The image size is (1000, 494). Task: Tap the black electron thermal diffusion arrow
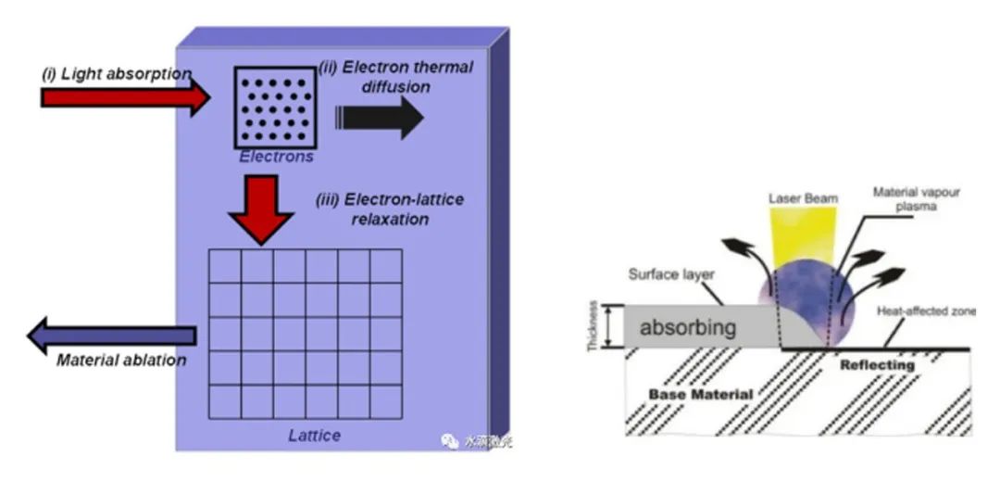click(379, 117)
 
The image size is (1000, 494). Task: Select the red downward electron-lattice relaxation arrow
click(261, 209)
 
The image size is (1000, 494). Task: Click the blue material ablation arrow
click(111, 335)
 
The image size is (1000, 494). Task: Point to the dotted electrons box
click(276, 108)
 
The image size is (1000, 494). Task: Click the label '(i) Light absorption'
click(116, 73)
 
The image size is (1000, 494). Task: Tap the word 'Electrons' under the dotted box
click(276, 157)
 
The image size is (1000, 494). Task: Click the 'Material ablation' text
click(121, 360)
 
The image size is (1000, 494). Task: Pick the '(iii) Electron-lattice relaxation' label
click(390, 209)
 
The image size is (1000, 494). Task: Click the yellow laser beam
click(803, 234)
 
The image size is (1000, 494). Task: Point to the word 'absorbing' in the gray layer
click(688, 328)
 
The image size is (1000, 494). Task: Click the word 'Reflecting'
click(876, 365)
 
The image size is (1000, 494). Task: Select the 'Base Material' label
click(700, 395)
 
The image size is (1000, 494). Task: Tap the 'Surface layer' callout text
click(668, 275)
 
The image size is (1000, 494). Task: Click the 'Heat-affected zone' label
click(926, 311)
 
